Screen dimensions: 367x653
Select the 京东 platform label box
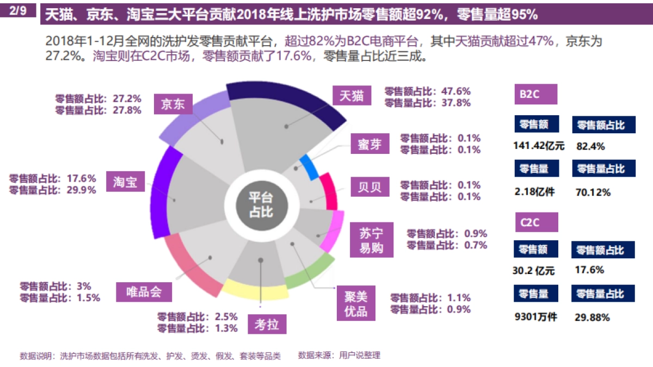tap(173, 104)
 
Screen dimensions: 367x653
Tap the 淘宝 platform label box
tap(125, 182)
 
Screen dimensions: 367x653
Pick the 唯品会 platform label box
tap(144, 292)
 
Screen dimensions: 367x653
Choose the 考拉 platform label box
tap(267, 325)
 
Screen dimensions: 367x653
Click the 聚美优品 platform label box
tap(356, 303)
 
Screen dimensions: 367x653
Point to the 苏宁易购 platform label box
tap(371, 240)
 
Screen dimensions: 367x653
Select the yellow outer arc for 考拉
tap(255, 291)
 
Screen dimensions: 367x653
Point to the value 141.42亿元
tap(539, 145)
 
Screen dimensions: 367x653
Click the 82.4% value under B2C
tap(590, 146)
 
